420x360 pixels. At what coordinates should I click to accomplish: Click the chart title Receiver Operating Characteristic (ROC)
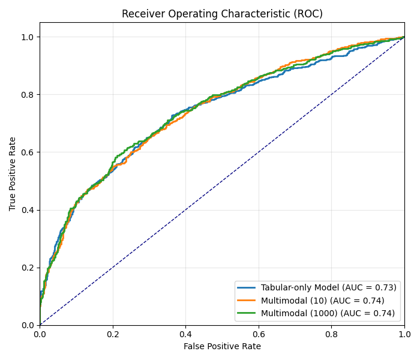tap(222, 14)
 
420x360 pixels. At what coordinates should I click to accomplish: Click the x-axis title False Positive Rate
tap(222, 346)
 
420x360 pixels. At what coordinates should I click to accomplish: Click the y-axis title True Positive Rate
tap(13, 173)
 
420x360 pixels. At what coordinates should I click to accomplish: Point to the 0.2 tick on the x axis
tap(113, 334)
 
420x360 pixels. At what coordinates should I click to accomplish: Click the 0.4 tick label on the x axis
tap(185, 334)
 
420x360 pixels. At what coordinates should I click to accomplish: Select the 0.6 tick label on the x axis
tap(259, 334)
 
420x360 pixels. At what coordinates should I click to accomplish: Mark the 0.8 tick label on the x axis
tap(331, 334)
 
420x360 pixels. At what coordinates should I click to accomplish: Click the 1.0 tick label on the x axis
tap(404, 334)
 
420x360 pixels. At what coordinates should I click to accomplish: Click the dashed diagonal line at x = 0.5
tap(222, 181)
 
